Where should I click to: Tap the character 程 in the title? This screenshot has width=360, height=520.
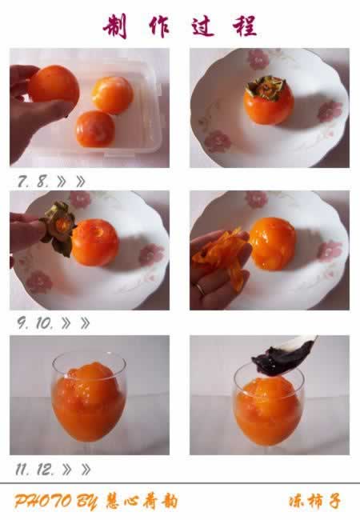point(244,26)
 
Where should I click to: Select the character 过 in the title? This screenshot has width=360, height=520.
point(201,26)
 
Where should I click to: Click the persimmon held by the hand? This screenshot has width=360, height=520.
point(54,86)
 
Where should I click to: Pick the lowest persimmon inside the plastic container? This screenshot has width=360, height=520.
point(94,128)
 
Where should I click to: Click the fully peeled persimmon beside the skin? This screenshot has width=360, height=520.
point(271,242)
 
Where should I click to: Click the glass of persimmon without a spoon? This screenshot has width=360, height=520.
point(89,404)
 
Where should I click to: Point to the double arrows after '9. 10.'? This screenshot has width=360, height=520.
point(75,323)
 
